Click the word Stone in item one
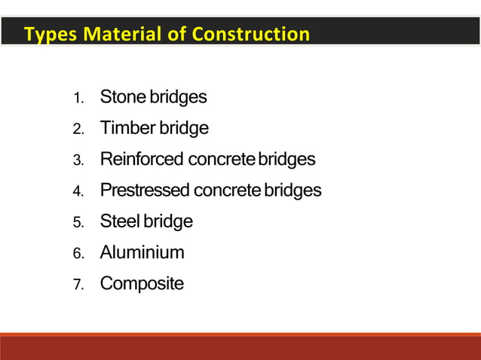[x=123, y=97]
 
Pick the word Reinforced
[x=142, y=160]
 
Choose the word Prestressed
[x=145, y=191]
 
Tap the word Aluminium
[x=142, y=252]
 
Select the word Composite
[x=142, y=284]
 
